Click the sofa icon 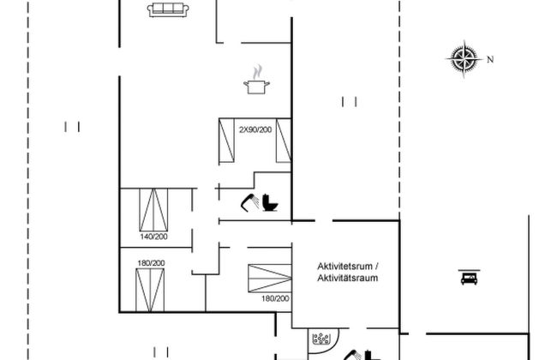point(168,9)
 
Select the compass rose point(464,59)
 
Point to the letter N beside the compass point(490,60)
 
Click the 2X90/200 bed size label point(255,129)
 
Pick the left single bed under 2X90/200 point(226,141)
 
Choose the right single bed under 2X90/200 point(284,141)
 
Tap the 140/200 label point(153,237)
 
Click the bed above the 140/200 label point(153,210)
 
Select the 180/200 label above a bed point(152,263)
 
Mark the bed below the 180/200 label point(150,290)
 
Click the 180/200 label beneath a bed point(275,298)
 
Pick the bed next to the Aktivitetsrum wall point(270,279)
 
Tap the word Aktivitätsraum point(348,278)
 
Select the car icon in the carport point(469,277)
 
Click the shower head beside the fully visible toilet point(249,202)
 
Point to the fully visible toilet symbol point(270,202)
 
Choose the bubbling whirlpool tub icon point(321,339)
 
